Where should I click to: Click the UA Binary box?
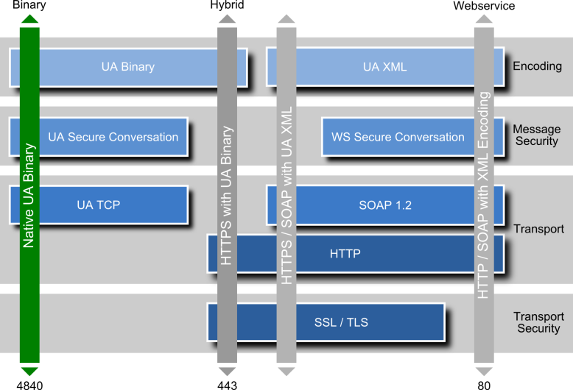click(128, 67)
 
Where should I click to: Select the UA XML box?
click(384, 67)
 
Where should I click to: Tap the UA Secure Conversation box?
click(113, 137)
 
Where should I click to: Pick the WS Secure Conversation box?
click(398, 137)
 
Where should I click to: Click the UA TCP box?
click(98, 205)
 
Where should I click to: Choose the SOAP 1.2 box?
click(384, 205)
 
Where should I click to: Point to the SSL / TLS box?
click(341, 322)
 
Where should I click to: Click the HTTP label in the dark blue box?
click(345, 254)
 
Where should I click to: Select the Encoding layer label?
click(537, 66)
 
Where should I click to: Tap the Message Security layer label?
click(536, 135)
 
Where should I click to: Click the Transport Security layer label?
click(538, 322)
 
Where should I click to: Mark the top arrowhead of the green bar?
click(29, 19)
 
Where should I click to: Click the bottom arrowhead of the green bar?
click(29, 371)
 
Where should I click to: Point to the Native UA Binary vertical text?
click(29, 194)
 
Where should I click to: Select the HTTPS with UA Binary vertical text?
click(227, 196)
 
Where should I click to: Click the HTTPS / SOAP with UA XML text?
click(286, 196)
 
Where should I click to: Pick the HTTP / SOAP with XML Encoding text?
click(484, 196)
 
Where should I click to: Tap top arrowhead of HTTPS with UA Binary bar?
click(227, 19)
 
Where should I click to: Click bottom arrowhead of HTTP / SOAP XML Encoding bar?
click(484, 371)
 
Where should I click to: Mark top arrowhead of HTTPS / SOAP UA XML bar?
click(286, 19)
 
